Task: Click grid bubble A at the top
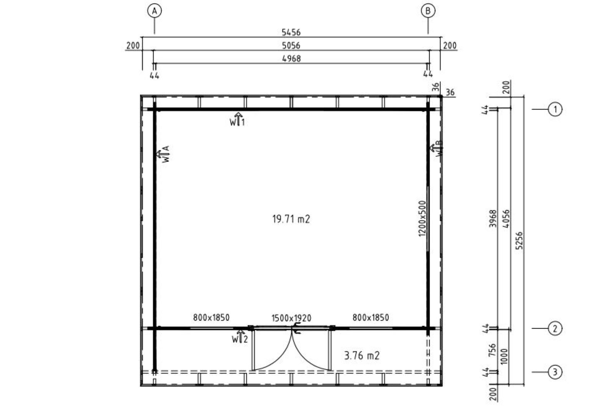click(x=154, y=11)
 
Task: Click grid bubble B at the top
click(x=428, y=11)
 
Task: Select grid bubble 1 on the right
click(x=555, y=110)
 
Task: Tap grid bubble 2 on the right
click(x=555, y=329)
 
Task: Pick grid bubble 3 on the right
click(x=555, y=372)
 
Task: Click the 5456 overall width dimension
click(x=291, y=33)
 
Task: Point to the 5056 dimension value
click(x=291, y=46)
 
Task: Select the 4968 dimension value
click(x=291, y=58)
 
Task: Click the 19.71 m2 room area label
click(x=291, y=219)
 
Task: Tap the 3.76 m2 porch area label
click(x=362, y=355)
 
